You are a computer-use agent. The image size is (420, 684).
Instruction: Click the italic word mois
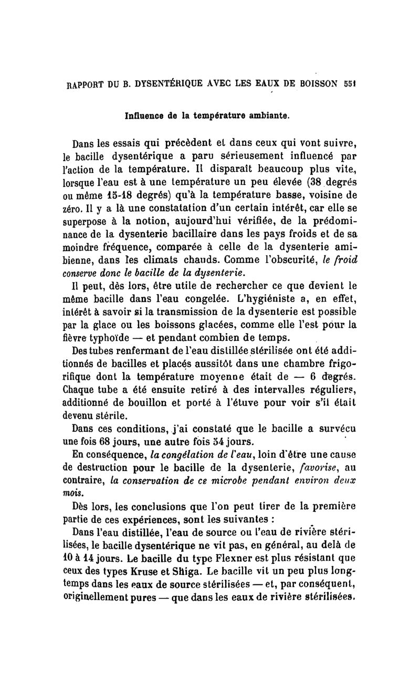click(72, 494)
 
